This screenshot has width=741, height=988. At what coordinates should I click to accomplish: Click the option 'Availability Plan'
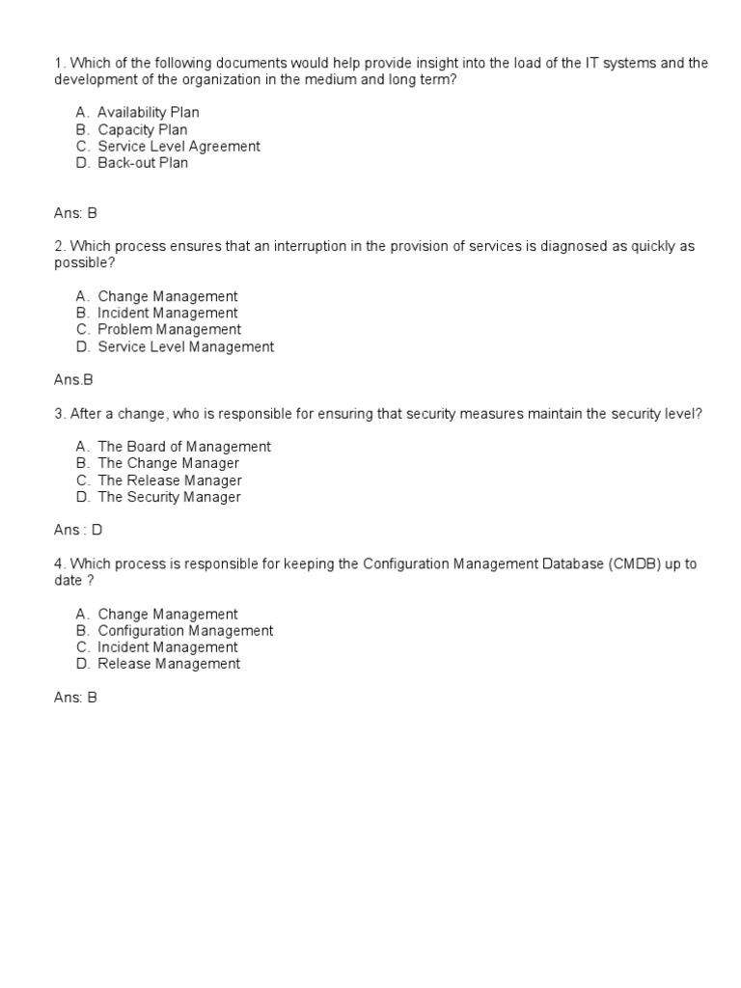pyautogui.click(x=148, y=113)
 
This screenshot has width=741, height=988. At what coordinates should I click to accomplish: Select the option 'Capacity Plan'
pyautogui.click(x=142, y=129)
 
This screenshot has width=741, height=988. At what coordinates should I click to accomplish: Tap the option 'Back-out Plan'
pyautogui.click(x=143, y=163)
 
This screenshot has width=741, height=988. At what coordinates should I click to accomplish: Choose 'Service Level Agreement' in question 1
pyautogui.click(x=178, y=147)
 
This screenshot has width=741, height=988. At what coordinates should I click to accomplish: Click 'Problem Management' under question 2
pyautogui.click(x=169, y=330)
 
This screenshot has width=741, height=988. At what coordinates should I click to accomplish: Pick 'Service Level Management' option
pyautogui.click(x=185, y=346)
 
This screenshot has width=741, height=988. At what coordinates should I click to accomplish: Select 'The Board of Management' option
pyautogui.click(x=183, y=447)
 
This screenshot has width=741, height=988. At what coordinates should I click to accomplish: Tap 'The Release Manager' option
pyautogui.click(x=169, y=480)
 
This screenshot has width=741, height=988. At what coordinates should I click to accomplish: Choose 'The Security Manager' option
pyautogui.click(x=169, y=497)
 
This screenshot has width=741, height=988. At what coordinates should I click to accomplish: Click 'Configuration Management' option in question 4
pyautogui.click(x=185, y=631)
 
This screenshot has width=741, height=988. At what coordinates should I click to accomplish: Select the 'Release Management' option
pyautogui.click(x=169, y=664)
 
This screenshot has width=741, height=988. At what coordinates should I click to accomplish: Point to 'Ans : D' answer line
pyautogui.click(x=78, y=531)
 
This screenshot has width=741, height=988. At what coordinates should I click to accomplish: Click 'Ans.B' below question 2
pyautogui.click(x=73, y=380)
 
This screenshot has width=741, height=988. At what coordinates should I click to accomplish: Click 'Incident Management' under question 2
pyautogui.click(x=167, y=314)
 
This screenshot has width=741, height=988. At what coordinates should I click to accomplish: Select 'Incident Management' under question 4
pyautogui.click(x=167, y=647)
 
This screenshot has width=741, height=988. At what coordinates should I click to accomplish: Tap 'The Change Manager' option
pyautogui.click(x=168, y=463)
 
